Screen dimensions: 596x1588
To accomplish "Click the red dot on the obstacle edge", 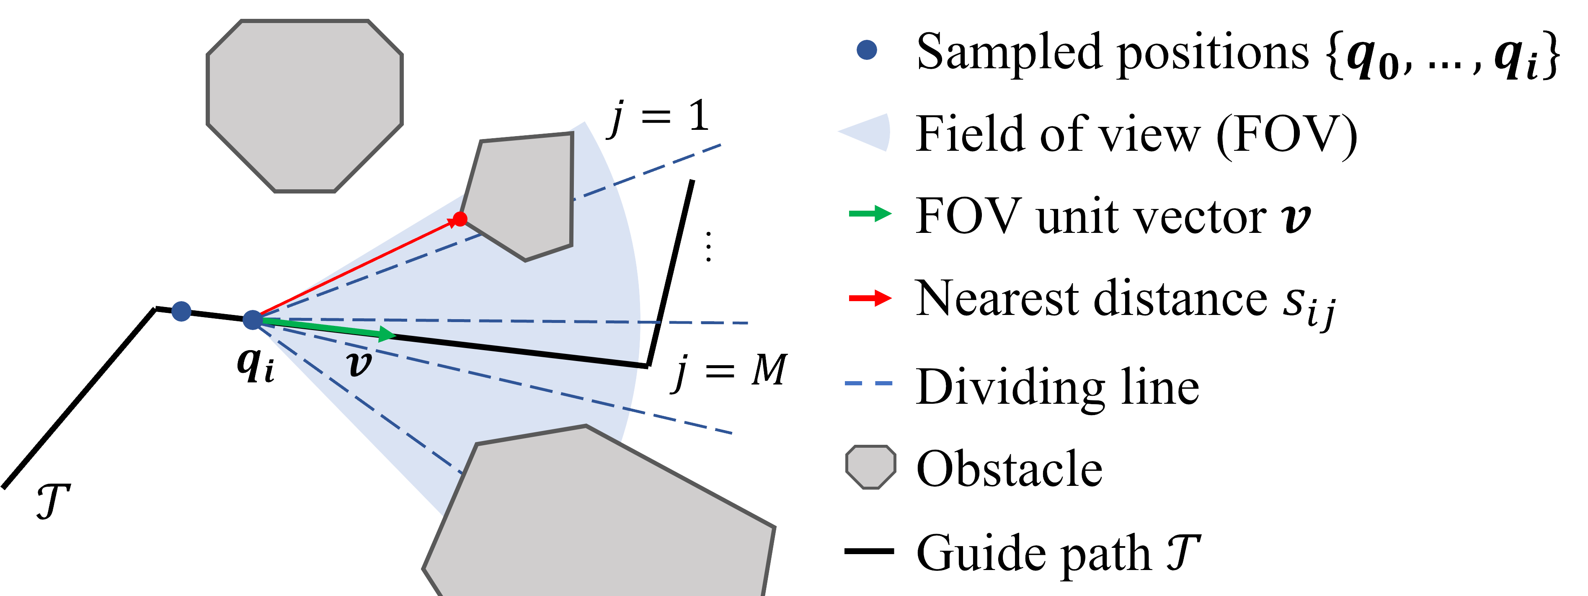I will [x=460, y=218].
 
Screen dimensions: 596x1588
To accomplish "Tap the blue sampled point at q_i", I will [x=252, y=319].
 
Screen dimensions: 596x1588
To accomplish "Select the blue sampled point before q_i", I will [x=181, y=311].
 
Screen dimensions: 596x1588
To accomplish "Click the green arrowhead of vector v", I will [x=387, y=334].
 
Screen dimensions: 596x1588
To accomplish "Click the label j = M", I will [x=730, y=371].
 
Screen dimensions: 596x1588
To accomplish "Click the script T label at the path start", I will [x=53, y=501].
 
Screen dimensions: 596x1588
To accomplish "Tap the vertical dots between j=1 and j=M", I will [x=708, y=247].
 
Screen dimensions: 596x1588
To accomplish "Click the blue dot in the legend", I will [x=867, y=50].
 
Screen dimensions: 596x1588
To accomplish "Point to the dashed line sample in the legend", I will [x=869, y=383].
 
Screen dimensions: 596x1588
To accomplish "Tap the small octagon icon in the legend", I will [x=870, y=467].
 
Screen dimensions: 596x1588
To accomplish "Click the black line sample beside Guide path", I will [x=869, y=551].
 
